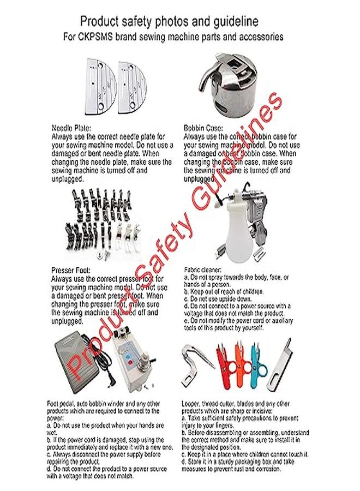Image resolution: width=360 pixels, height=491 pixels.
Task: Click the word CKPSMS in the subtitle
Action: coord(123,38)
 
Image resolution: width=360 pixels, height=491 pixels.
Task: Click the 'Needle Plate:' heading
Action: coord(71,127)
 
